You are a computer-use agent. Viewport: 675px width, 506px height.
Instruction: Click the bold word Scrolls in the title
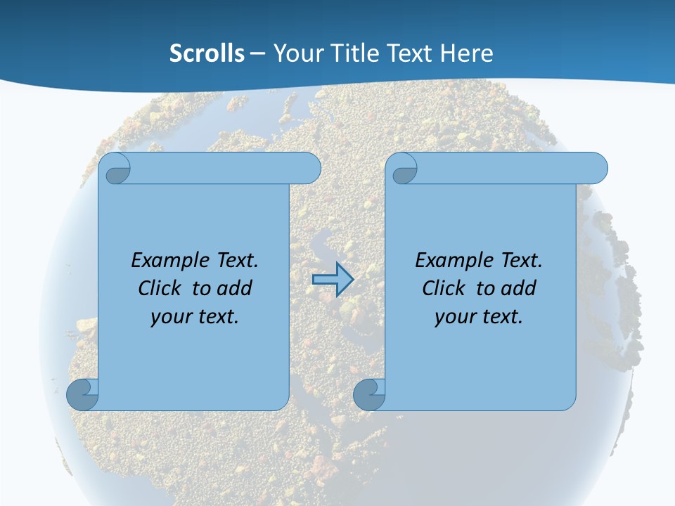pyautogui.click(x=207, y=53)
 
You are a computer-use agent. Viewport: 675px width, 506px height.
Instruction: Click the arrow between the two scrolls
pyautogui.click(x=333, y=279)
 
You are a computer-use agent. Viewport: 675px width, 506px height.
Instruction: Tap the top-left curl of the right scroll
pyautogui.click(x=404, y=169)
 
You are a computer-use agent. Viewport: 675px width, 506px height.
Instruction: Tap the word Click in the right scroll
pyautogui.click(x=443, y=288)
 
